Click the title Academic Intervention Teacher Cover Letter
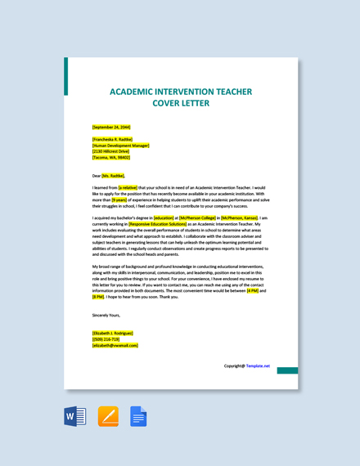[x=180, y=97]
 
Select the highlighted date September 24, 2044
[x=111, y=127]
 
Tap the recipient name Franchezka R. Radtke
[x=113, y=140]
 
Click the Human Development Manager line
[x=121, y=146]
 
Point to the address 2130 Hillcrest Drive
[x=111, y=151]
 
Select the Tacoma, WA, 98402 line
[x=111, y=157]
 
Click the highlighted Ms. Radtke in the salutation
[x=114, y=175]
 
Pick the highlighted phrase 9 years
[x=119, y=199]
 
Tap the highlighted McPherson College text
[x=197, y=218]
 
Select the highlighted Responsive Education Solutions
[x=157, y=224]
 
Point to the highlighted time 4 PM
[x=252, y=290]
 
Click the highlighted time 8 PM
[x=98, y=297]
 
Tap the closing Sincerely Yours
[x=106, y=315]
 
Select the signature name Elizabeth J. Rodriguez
[x=113, y=333]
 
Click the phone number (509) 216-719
[x=106, y=338]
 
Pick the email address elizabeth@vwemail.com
[x=115, y=345]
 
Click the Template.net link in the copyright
[x=258, y=366]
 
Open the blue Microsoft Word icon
[x=74, y=417]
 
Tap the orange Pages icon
[x=108, y=417]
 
